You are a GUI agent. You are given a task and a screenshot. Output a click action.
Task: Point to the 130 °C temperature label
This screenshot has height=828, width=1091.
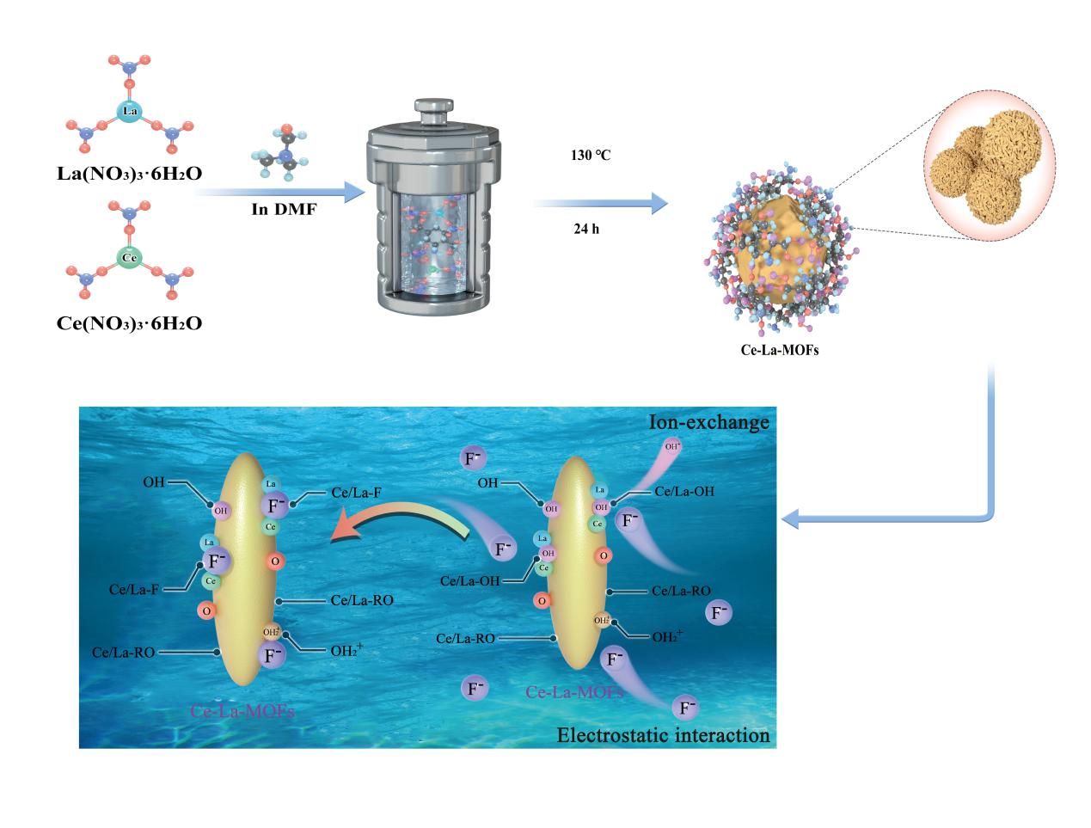click(x=590, y=156)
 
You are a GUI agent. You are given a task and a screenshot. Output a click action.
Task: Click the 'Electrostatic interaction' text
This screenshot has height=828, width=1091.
click(x=662, y=736)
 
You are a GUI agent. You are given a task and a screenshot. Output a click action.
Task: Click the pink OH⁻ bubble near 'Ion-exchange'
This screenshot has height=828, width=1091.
click(x=673, y=447)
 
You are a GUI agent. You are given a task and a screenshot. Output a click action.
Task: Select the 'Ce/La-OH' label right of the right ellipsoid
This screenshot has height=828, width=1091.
click(x=683, y=491)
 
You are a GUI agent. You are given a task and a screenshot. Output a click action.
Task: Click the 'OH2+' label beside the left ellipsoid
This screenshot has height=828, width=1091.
click(x=346, y=651)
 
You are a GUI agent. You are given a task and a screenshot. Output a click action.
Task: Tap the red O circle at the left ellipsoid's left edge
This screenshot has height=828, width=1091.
click(x=205, y=610)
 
